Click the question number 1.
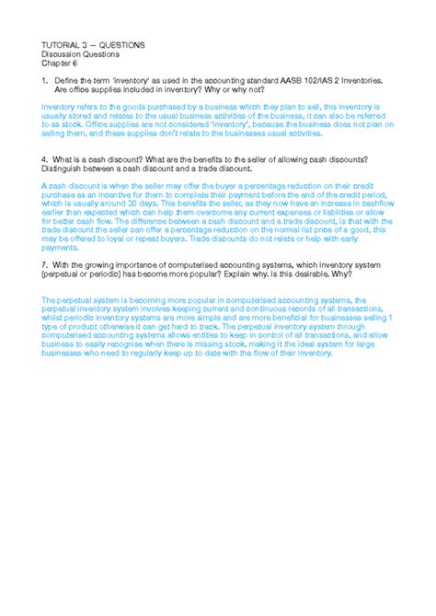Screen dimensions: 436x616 44,81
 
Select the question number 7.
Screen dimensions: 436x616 44,263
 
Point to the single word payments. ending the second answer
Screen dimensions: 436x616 62,248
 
